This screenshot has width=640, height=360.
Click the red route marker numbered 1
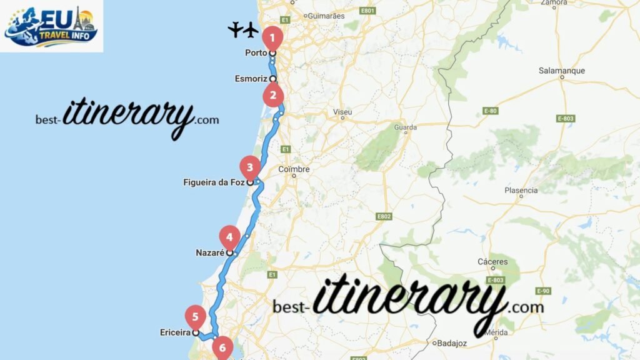(271, 37)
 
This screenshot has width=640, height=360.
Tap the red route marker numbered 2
(273, 96)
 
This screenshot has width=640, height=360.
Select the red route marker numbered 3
(250, 167)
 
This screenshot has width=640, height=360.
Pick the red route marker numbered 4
(229, 237)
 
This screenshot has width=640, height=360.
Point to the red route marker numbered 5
(196, 316)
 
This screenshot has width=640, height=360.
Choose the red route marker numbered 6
(222, 346)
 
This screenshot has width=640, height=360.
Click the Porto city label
(256, 53)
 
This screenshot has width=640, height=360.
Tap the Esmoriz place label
(251, 79)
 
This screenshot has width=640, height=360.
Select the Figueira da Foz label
(214, 182)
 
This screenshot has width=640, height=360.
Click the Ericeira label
(175, 333)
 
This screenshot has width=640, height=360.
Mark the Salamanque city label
(561, 71)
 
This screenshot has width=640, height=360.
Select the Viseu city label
(342, 112)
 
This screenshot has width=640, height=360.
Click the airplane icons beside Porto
(243, 29)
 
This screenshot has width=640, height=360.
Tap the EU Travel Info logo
(52, 26)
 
